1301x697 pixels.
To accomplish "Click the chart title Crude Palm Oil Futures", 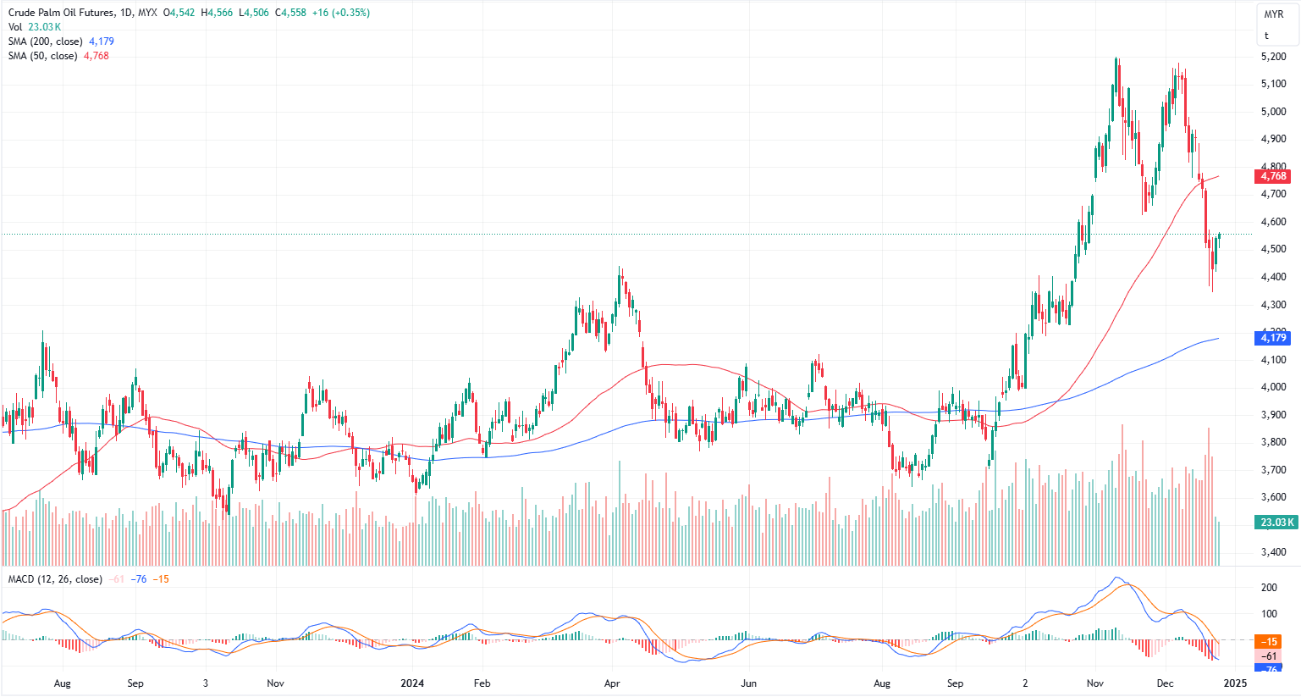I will (59, 13).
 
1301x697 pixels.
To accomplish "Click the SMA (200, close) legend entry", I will (46, 41).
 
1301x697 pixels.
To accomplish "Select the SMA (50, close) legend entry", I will (42, 56).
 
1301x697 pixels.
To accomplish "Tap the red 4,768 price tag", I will (1273, 176).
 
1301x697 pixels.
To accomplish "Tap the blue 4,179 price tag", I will (1273, 338).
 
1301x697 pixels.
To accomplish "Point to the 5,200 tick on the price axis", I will (1273, 57).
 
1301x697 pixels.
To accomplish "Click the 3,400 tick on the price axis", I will (1273, 552).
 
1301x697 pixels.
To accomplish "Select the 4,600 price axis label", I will (1273, 222).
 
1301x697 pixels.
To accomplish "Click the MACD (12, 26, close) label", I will (55, 579).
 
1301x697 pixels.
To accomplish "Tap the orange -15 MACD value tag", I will (1270, 641).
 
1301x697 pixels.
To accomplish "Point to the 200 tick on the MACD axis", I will (1269, 587).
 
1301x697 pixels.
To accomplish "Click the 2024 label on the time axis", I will (412, 683).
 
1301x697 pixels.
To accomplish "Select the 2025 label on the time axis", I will (1235, 683).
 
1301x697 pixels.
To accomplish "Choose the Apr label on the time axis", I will (612, 683).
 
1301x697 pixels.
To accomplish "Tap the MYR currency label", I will (1273, 14).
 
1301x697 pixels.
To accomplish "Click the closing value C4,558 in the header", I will (290, 13).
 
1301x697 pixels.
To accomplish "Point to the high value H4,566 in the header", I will (217, 13).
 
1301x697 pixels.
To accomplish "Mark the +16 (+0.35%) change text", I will (340, 13).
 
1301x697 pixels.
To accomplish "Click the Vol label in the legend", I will (16, 27).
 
